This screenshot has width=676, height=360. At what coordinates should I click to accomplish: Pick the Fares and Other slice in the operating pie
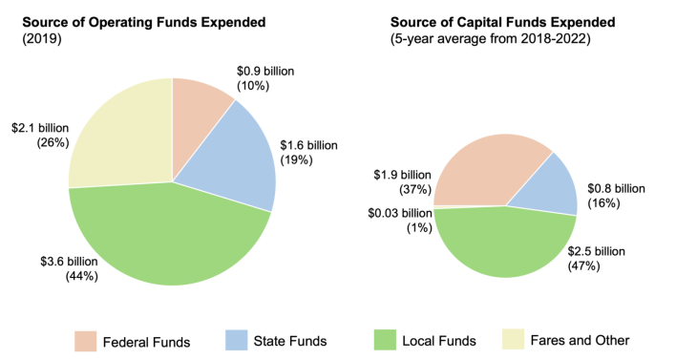point(119,134)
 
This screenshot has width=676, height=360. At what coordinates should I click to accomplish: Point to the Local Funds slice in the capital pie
point(506,244)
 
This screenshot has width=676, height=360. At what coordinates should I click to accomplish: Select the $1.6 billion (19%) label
point(308,152)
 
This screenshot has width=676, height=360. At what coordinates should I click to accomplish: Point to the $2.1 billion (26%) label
point(38,136)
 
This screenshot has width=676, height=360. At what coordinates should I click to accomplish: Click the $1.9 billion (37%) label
point(402,182)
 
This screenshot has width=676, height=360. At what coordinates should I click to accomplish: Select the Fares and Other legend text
point(581,340)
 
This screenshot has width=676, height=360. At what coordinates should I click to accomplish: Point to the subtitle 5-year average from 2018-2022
point(496,39)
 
